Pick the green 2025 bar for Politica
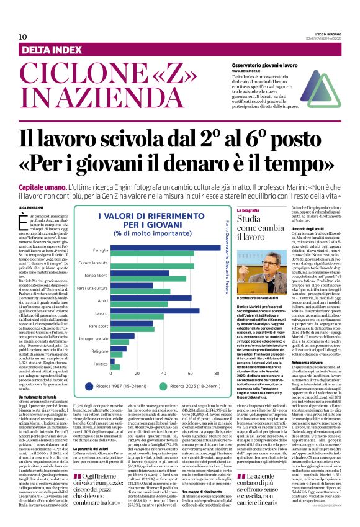115,367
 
